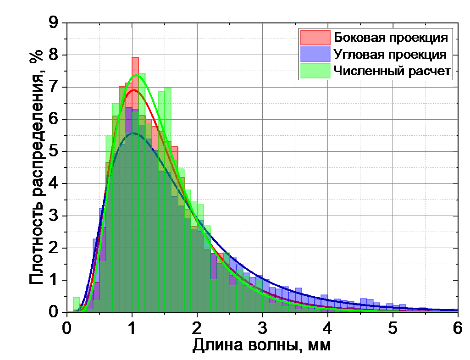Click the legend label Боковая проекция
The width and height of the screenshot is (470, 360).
(x=391, y=37)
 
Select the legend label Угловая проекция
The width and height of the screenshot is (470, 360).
(x=390, y=54)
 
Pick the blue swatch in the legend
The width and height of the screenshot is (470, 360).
(x=315, y=54)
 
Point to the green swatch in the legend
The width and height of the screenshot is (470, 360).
(x=315, y=71)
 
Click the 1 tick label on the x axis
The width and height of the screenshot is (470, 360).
(x=133, y=328)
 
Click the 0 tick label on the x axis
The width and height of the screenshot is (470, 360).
(x=67, y=328)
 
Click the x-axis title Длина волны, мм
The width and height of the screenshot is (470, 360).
(x=261, y=345)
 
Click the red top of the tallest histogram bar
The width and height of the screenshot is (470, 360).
(x=135, y=59)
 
